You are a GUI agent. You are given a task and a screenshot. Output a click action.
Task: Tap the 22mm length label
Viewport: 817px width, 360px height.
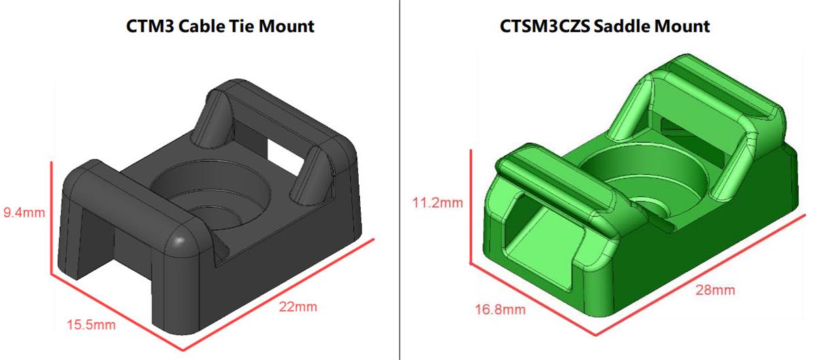[298, 306]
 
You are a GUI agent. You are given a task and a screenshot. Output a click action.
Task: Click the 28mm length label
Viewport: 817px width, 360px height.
[715, 290]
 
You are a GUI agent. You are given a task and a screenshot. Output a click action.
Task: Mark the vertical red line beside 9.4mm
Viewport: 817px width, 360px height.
[52, 218]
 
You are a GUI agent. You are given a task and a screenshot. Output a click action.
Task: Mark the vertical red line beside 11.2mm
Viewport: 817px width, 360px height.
[470, 204]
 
